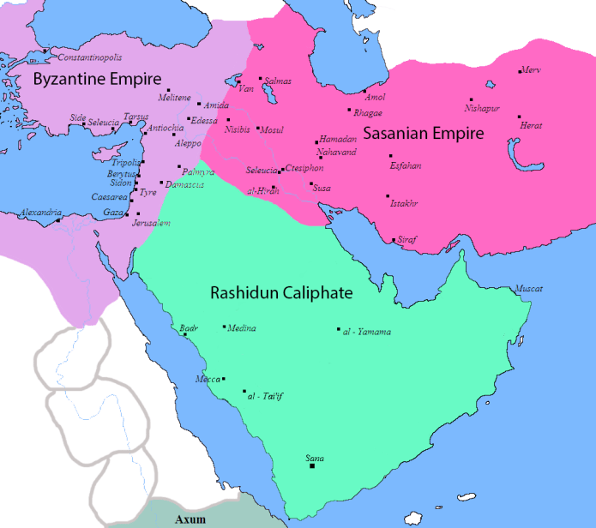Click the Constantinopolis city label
click(89, 57)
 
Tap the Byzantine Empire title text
click(97, 79)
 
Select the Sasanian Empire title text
click(424, 134)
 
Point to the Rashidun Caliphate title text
click(281, 293)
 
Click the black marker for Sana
click(312, 466)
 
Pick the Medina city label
click(242, 328)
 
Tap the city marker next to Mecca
click(224, 379)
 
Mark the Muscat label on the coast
click(528, 289)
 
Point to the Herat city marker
click(519, 117)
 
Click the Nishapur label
click(481, 108)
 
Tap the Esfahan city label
click(405, 165)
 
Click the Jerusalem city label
click(151, 223)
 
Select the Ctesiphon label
click(304, 167)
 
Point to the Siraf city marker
click(394, 240)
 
